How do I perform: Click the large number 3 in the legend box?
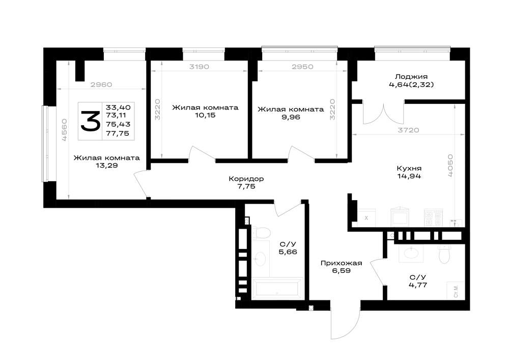(90, 121)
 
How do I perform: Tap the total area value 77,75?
(118, 133)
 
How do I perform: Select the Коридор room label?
(246, 179)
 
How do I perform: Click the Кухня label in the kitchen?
(409, 169)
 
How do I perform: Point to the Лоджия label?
(411, 77)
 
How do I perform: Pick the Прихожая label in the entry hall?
(341, 263)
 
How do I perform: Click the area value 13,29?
(106, 165)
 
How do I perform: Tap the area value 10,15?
(205, 115)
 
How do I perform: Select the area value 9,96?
(291, 117)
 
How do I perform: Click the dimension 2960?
(101, 85)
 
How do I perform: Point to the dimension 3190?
(200, 67)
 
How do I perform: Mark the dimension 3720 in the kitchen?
(408, 130)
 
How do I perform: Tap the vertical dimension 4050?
(450, 165)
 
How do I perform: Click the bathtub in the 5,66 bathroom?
(277, 288)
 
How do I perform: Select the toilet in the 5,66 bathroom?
(261, 233)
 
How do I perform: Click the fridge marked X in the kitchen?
(366, 218)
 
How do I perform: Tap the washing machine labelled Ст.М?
(456, 291)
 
